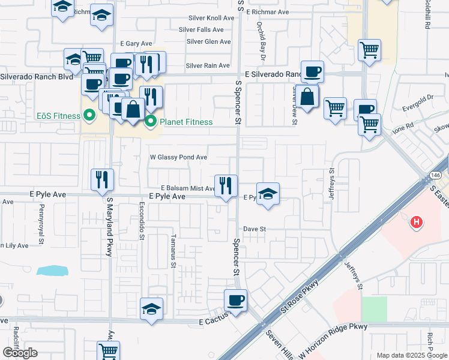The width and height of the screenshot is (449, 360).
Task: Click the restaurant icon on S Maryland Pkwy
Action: (x=102, y=179)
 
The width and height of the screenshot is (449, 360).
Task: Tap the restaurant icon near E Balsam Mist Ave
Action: (x=226, y=185)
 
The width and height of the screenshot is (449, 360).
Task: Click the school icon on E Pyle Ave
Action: (x=268, y=193)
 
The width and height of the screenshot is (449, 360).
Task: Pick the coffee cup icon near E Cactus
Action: (x=235, y=299)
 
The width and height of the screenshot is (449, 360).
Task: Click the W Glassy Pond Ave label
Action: (x=178, y=157)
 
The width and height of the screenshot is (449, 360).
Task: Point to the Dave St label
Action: (x=255, y=229)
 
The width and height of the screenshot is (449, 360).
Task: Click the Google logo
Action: (x=20, y=353)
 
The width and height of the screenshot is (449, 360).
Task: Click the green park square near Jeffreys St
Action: (x=374, y=308)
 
